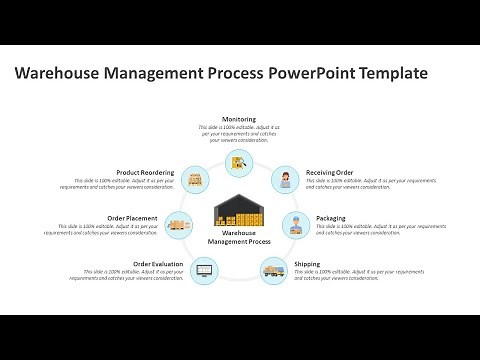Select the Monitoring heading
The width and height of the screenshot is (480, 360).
[239, 119]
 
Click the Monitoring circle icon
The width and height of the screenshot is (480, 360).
[239, 162]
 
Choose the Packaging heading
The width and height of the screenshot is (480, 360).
[331, 218]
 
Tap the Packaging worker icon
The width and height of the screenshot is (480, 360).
[297, 223]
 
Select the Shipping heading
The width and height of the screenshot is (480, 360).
[307, 264]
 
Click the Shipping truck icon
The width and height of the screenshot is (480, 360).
[274, 268]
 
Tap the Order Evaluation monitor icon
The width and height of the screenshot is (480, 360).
[204, 268]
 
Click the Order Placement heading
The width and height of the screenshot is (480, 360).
[132, 218]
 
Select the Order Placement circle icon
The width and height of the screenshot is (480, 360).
[181, 224]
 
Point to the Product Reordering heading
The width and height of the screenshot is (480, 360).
[146, 172]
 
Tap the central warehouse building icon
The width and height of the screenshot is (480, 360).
[239, 209]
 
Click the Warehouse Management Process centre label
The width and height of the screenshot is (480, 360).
[239, 237]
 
